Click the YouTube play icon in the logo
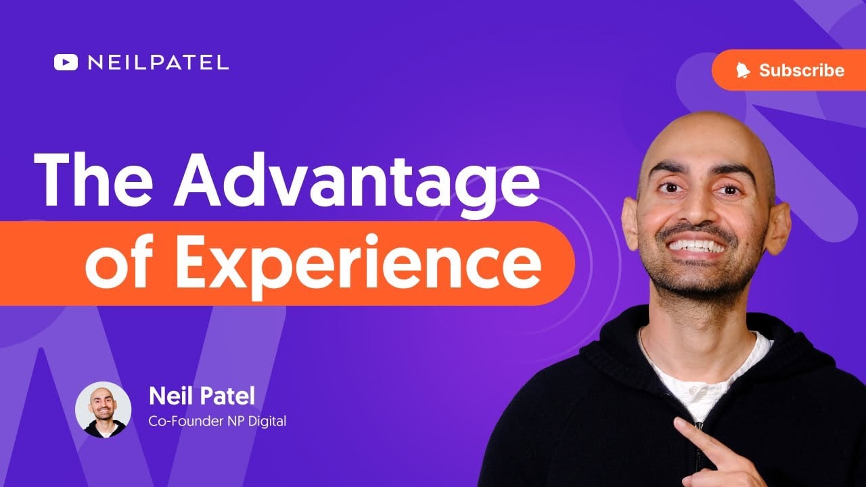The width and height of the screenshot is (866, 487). click(66, 62)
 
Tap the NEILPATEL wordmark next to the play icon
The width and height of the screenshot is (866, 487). click(158, 63)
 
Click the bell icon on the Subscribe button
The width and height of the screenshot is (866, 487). click(743, 70)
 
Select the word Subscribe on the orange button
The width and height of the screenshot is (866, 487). click(802, 70)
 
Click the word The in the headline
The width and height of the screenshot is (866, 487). click(93, 181)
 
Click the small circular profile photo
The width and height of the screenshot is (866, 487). click(104, 410)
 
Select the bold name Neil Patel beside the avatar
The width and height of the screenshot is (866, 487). click(202, 396)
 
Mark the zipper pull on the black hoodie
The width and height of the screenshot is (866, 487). click(699, 425)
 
